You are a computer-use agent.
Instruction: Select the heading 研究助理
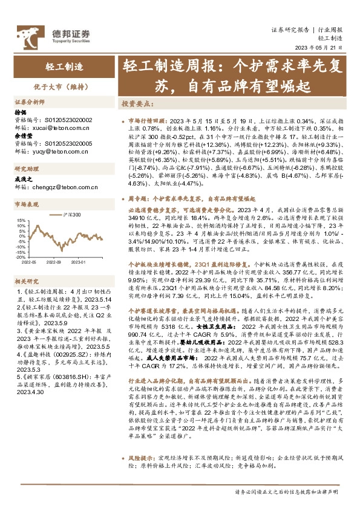tap(27, 169)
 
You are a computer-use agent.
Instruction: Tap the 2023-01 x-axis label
tap(78, 263)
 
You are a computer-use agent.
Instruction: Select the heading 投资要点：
tap(137, 103)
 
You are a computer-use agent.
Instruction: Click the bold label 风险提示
tap(141, 459)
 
